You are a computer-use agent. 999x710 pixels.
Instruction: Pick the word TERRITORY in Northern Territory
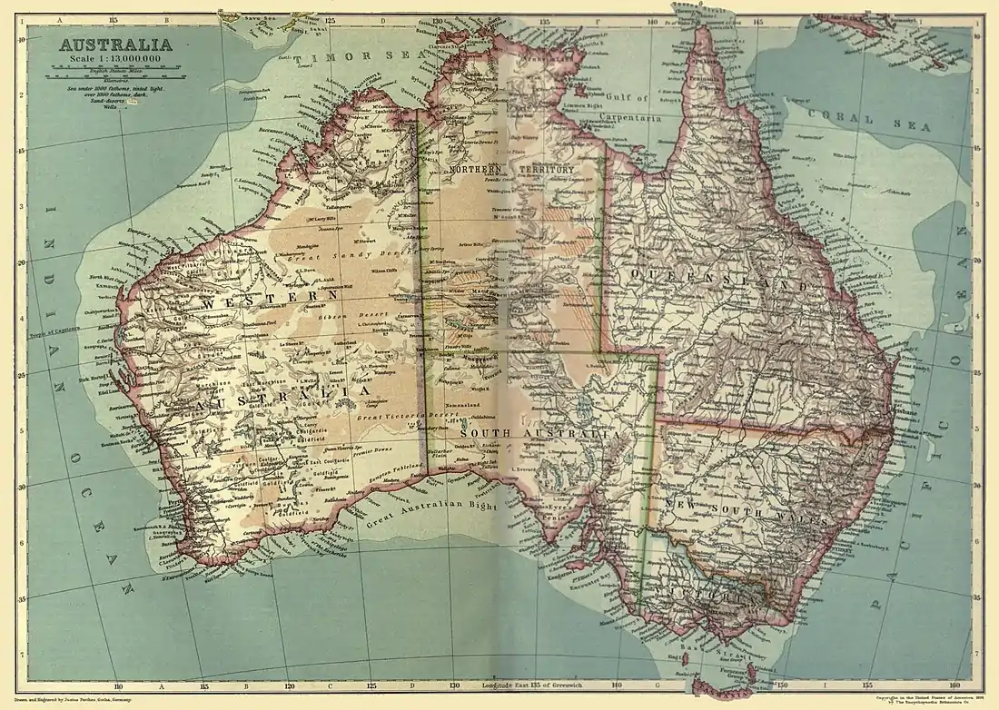coord(547,170)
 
